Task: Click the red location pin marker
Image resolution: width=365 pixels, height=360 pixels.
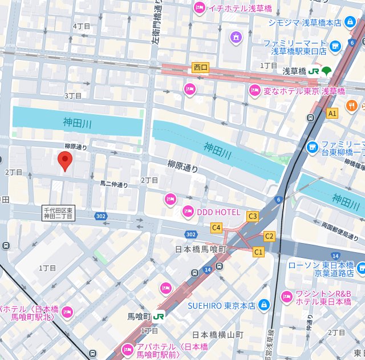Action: (65, 160)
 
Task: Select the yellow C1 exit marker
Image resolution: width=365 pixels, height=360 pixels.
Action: (258, 252)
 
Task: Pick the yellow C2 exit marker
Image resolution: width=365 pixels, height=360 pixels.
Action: (269, 236)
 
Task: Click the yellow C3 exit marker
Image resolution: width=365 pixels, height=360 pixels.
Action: (252, 216)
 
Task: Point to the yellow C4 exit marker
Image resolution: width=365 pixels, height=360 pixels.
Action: (216, 228)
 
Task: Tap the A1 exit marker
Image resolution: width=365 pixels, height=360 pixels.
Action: (332, 114)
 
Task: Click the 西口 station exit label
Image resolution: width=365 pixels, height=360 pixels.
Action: (201, 67)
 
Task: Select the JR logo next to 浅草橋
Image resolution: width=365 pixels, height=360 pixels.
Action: (314, 71)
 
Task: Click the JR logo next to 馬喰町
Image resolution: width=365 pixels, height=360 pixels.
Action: (159, 315)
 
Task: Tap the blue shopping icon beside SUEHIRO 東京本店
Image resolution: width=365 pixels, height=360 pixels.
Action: (263, 305)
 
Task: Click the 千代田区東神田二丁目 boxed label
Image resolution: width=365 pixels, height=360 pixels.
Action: (58, 213)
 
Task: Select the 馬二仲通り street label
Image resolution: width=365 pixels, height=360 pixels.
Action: (114, 184)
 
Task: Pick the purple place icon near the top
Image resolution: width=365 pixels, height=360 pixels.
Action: (236, 38)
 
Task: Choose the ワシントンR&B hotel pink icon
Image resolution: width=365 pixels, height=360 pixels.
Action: (287, 296)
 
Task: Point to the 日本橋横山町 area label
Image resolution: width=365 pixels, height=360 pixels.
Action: (218, 335)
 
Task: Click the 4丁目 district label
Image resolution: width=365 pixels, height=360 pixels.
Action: (82, 26)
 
